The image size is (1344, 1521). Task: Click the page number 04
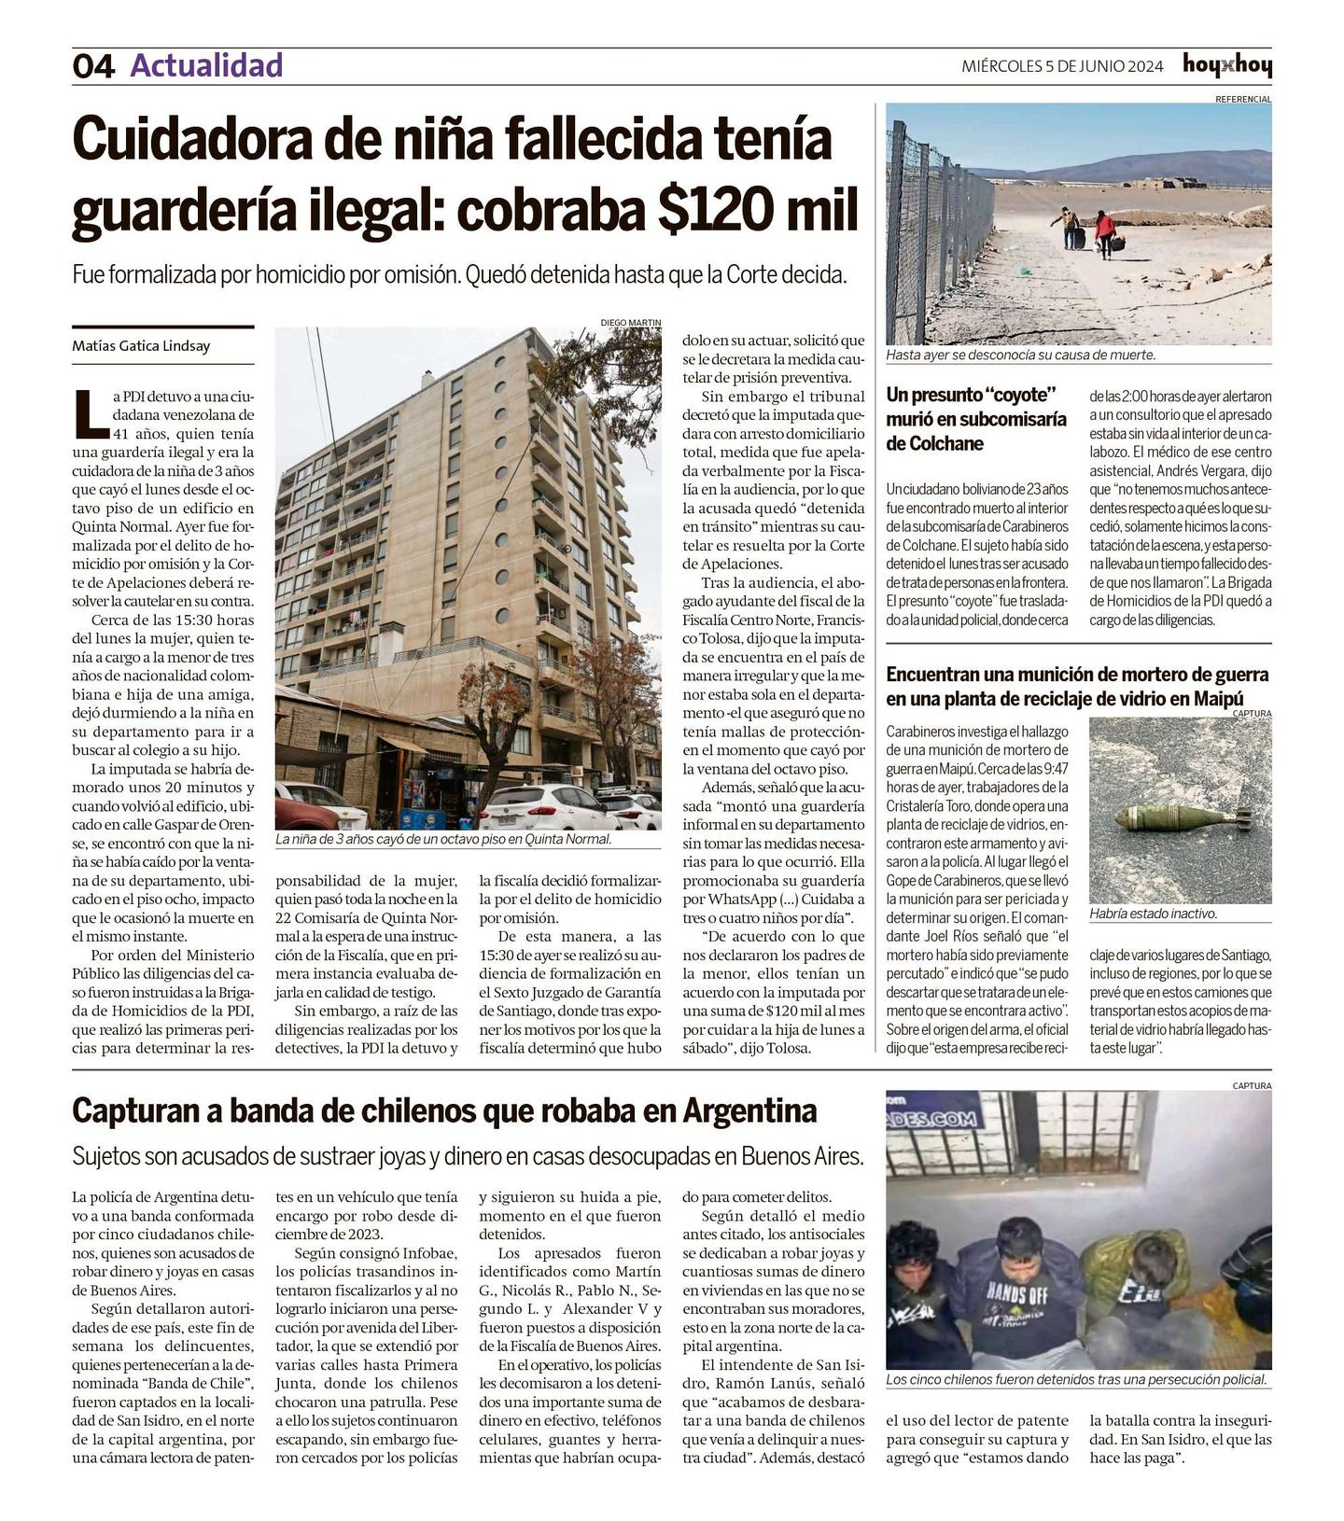(x=93, y=66)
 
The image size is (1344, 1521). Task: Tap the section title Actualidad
(x=206, y=65)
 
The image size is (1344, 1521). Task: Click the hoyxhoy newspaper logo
(x=1226, y=65)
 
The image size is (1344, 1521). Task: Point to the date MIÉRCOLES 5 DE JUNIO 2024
(x=1062, y=66)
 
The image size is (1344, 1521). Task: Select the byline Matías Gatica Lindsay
(x=141, y=346)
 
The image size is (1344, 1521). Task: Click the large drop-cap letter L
(x=89, y=414)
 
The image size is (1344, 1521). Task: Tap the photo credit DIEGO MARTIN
(x=630, y=323)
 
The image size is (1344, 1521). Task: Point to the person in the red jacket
(x=1106, y=232)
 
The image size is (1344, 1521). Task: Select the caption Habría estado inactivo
(x=1153, y=914)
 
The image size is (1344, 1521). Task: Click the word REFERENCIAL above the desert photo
(x=1242, y=99)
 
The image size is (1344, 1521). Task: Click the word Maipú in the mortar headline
(x=1218, y=698)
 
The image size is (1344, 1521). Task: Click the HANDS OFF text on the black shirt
(x=1016, y=1295)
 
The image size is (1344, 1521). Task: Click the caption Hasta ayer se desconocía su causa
(x=1020, y=356)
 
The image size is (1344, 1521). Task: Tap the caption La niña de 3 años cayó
(x=443, y=840)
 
